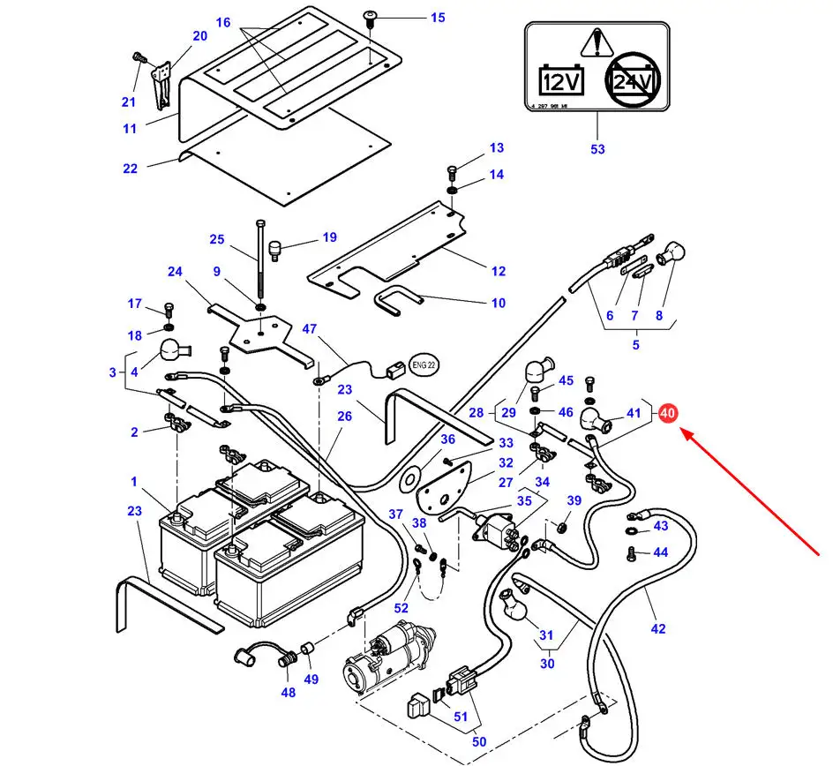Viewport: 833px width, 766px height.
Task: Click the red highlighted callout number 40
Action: coord(666,412)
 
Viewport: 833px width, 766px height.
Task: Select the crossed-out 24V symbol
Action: coord(633,83)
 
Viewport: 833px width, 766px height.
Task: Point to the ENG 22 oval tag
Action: coord(426,363)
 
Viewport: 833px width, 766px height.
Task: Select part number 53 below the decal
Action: coord(597,149)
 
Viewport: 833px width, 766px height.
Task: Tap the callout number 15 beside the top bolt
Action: coord(438,18)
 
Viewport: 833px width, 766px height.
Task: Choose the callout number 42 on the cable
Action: coord(657,628)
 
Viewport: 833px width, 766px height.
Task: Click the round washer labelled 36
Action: coord(411,478)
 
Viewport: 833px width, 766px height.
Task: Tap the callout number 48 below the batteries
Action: coord(289,692)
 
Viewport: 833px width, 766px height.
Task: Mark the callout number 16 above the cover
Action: coord(222,22)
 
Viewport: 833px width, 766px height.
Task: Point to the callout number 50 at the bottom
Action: coord(478,742)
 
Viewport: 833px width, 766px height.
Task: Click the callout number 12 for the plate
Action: coord(498,271)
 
